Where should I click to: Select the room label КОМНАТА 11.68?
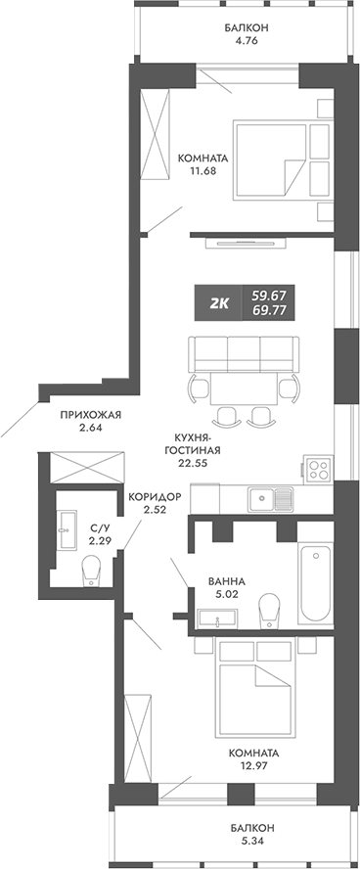(x=202, y=163)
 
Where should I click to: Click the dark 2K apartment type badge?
(x=219, y=302)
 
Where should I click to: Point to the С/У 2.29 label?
(x=98, y=533)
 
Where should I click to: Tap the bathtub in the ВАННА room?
(x=317, y=581)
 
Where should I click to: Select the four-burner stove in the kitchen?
(x=319, y=468)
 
